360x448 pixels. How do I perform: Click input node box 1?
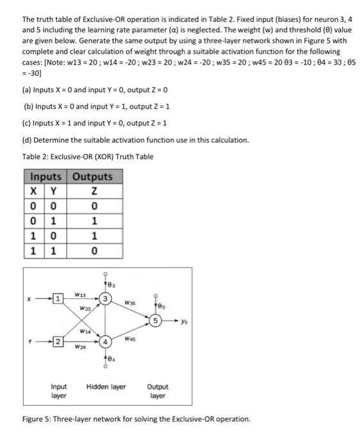coord(57,298)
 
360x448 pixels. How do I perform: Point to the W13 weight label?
coord(80,294)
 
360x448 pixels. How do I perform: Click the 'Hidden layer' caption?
coord(106,387)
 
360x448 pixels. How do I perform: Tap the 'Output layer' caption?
coord(158,392)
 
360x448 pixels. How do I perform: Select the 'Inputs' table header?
coord(47,177)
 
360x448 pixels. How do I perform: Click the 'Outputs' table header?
coord(93,177)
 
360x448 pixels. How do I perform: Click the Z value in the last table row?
coord(93,250)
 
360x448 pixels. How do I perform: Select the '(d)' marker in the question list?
coord(27,140)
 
